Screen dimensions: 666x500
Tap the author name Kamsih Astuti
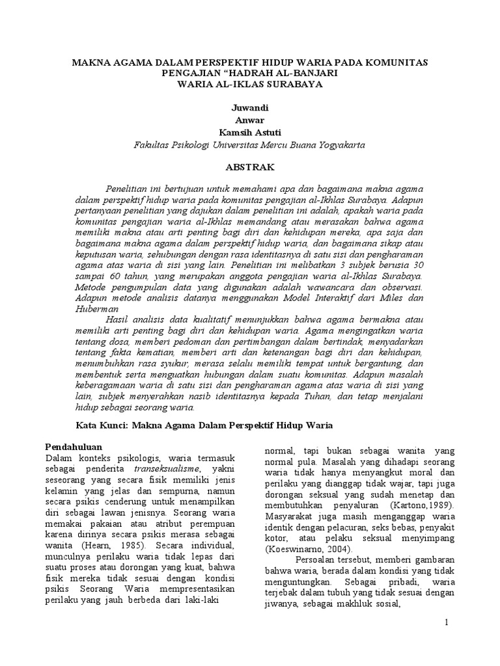249,132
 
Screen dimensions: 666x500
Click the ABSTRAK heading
249,166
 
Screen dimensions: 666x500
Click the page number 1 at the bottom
447,622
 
